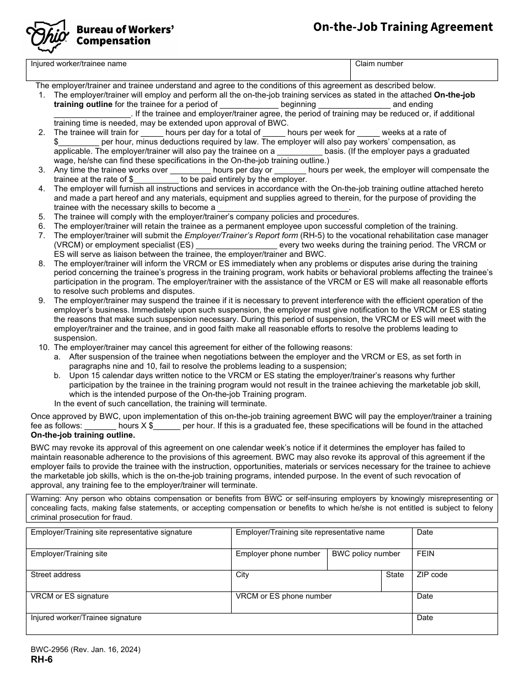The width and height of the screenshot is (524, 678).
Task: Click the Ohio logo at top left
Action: click(x=47, y=35)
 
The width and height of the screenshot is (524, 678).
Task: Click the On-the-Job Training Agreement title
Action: click(x=403, y=27)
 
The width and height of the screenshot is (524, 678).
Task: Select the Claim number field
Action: click(x=424, y=71)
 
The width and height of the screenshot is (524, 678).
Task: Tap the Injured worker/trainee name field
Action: click(x=188, y=71)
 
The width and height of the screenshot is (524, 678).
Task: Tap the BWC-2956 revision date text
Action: click(x=85, y=650)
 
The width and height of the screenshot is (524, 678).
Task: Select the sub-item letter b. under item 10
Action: click(x=57, y=376)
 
